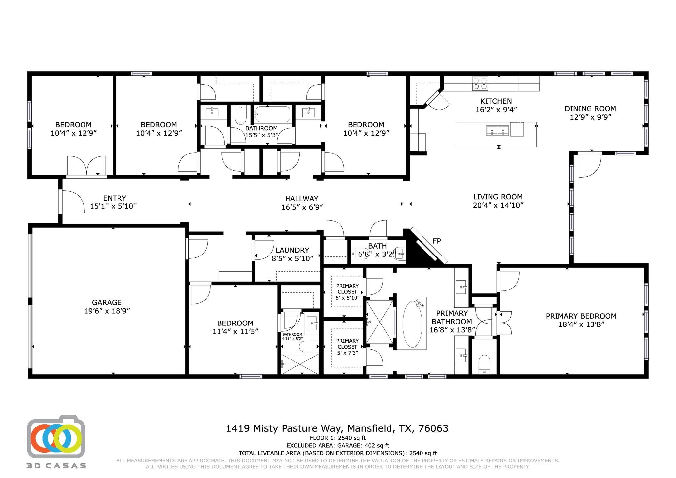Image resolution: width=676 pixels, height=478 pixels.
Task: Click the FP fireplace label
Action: (x=436, y=241)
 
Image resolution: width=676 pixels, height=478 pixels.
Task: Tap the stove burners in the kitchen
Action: (x=480, y=83)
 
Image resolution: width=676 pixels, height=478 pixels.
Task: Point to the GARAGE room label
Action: (x=107, y=302)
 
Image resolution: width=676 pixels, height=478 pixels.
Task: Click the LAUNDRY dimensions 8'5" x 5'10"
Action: (x=292, y=258)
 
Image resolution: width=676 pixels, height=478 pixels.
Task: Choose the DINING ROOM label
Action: (x=590, y=109)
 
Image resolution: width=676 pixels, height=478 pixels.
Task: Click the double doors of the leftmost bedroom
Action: (x=87, y=166)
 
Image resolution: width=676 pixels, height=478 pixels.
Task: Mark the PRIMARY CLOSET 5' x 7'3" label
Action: (x=347, y=344)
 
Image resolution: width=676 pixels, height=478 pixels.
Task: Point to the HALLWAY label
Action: (x=301, y=199)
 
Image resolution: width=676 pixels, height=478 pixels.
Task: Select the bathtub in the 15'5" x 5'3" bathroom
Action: (x=273, y=114)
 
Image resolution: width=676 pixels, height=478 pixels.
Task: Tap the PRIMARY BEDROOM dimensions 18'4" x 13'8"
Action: (x=581, y=324)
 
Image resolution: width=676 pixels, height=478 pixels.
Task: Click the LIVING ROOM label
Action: (x=497, y=197)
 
